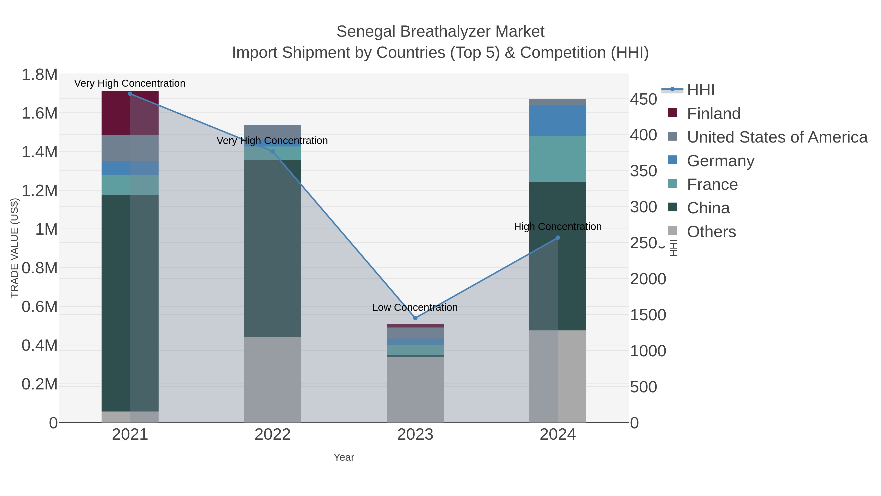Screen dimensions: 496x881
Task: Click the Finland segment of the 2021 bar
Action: (x=130, y=113)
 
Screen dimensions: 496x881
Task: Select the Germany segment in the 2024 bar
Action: (x=557, y=121)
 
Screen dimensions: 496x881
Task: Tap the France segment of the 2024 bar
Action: (x=557, y=159)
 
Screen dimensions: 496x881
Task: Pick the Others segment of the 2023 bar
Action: (x=415, y=390)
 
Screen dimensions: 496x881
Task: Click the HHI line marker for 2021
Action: (x=130, y=94)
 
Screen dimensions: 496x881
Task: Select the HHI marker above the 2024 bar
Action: (x=558, y=238)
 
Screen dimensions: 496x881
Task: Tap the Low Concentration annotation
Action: (x=415, y=307)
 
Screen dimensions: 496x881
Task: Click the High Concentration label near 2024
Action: (x=557, y=227)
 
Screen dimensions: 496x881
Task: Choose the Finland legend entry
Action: (x=713, y=114)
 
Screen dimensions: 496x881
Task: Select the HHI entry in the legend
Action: (x=700, y=90)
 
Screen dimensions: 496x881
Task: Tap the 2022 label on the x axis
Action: (x=273, y=434)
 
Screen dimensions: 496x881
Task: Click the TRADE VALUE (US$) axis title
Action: (x=14, y=248)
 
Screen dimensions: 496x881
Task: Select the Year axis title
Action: (x=344, y=457)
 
